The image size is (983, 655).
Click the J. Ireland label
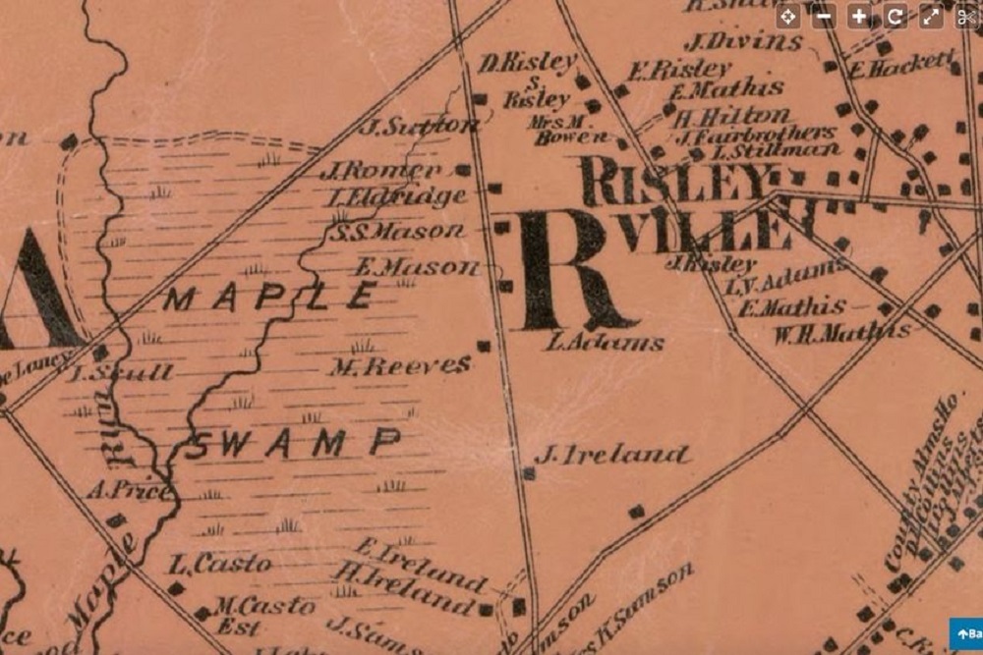[611, 454]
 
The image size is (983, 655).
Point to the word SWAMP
[294, 444]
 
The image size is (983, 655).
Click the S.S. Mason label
[396, 233]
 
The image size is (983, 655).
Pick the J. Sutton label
[418, 126]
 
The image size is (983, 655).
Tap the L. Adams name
[604, 343]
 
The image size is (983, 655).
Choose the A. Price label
[128, 489]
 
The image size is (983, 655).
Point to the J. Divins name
[742, 42]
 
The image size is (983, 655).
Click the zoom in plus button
[859, 16]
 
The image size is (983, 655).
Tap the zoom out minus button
[824, 16]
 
